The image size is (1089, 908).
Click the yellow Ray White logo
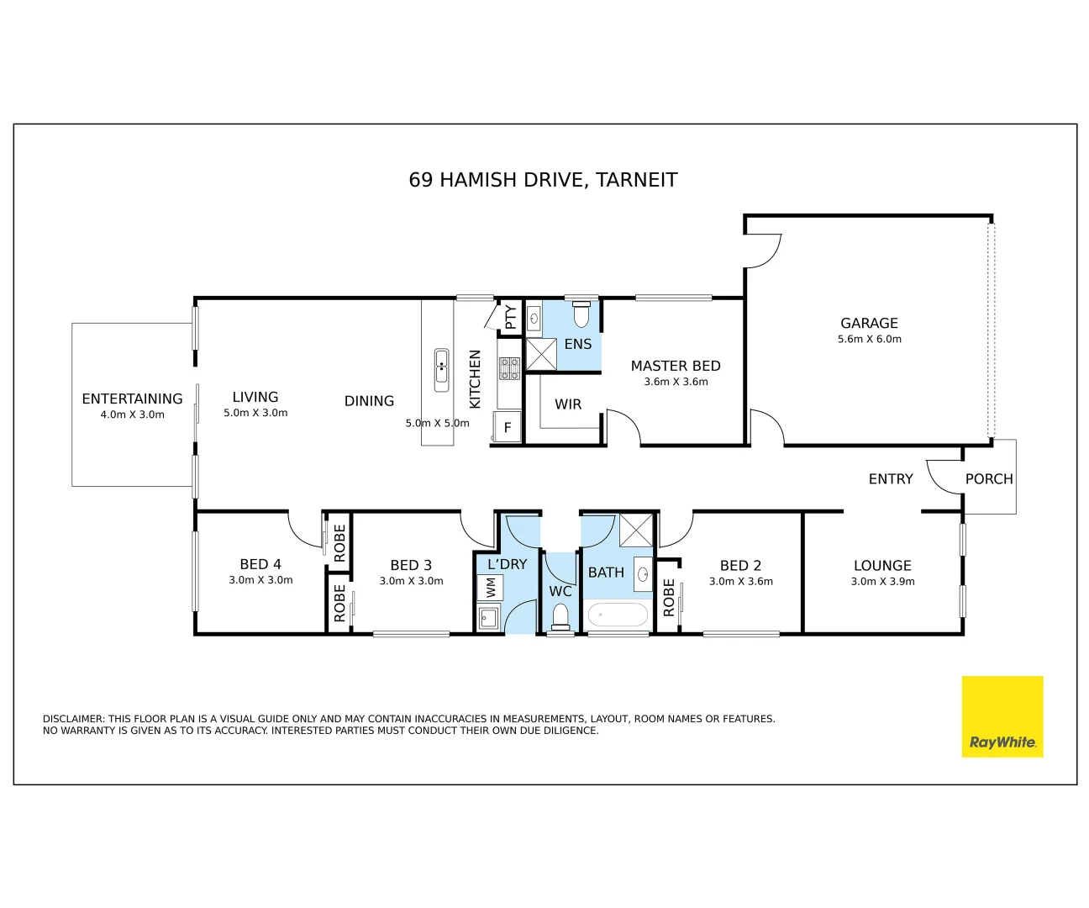(x=1002, y=716)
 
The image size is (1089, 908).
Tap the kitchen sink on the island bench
(x=441, y=370)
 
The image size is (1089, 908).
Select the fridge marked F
(x=507, y=427)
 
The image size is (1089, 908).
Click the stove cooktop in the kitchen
(x=509, y=368)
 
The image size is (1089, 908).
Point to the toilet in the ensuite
(x=581, y=314)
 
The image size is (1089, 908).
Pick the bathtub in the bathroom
(x=618, y=615)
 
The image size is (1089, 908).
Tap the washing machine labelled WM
(x=490, y=588)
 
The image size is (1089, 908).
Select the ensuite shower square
(x=541, y=354)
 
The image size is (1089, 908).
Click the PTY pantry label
(x=511, y=317)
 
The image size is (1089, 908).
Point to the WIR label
(x=567, y=404)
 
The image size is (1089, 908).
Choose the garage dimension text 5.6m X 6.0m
(x=870, y=339)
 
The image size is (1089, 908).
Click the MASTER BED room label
(x=676, y=366)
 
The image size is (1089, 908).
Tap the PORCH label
(x=989, y=478)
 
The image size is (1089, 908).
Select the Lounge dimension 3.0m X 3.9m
(x=882, y=581)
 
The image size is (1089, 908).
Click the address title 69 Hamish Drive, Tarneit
(x=543, y=180)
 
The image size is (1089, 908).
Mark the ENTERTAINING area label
(x=132, y=399)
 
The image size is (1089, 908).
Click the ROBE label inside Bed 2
(x=669, y=598)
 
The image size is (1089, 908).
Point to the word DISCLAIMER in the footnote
(x=74, y=719)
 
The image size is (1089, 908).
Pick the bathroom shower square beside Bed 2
(x=636, y=531)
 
